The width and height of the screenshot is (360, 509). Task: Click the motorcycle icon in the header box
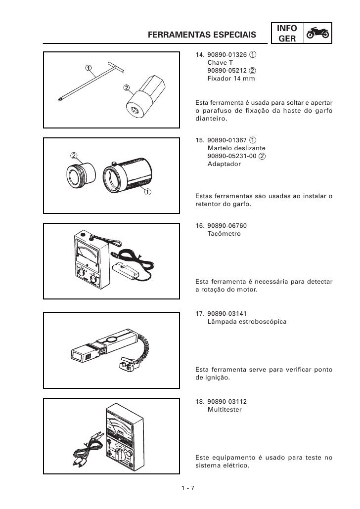pyautogui.click(x=318, y=33)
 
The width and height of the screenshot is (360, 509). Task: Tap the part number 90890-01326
pyautogui.click(x=227, y=54)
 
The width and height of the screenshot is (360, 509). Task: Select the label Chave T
pyautogui.click(x=220, y=63)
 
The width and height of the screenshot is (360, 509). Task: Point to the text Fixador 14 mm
pyautogui.click(x=231, y=78)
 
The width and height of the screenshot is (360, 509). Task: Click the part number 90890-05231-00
pyautogui.click(x=232, y=156)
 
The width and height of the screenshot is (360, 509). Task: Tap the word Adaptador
pyautogui.click(x=224, y=164)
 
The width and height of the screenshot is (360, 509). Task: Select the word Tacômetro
pyautogui.click(x=224, y=234)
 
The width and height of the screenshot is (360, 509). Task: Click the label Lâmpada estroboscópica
pyautogui.click(x=247, y=322)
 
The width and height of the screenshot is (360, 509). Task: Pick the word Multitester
pyautogui.click(x=225, y=410)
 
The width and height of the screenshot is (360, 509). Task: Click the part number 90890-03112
pyautogui.click(x=227, y=402)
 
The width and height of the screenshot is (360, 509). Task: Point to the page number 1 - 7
pyautogui.click(x=188, y=488)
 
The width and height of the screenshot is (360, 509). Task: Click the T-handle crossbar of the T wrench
pyautogui.click(x=116, y=67)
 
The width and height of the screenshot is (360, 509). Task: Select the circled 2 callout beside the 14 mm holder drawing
pyautogui.click(x=127, y=87)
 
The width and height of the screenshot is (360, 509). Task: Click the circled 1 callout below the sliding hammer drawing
pyautogui.click(x=147, y=192)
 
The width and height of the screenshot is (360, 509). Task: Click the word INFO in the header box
pyautogui.click(x=287, y=28)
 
